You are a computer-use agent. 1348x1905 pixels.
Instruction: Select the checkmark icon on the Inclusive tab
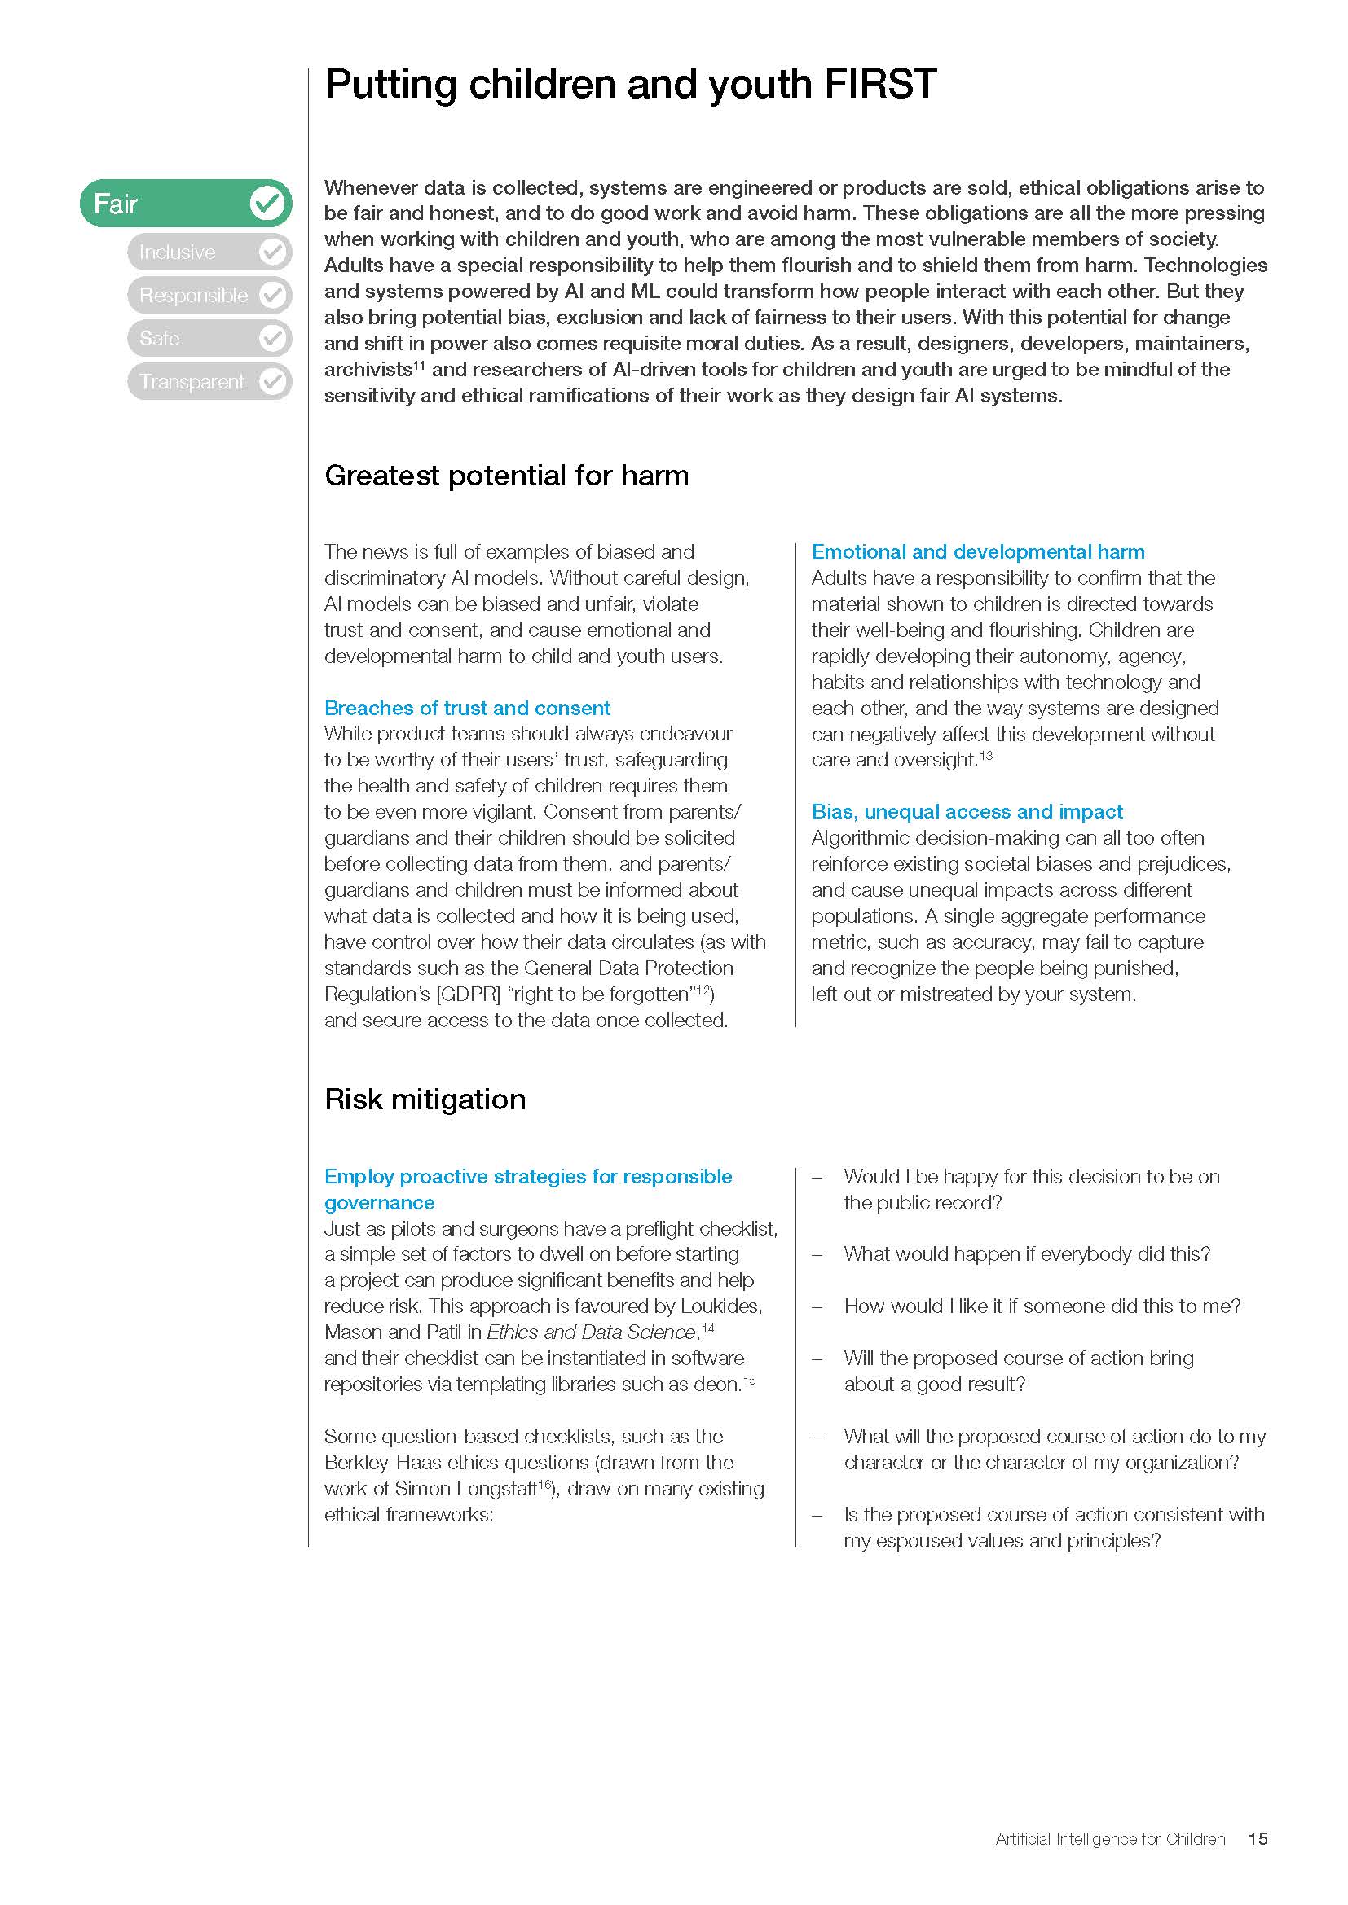coord(272,252)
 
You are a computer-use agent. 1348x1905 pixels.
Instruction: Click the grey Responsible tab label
coord(193,296)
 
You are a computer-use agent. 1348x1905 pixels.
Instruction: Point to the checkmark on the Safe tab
coord(272,338)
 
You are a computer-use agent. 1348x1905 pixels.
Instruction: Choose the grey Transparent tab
coord(192,382)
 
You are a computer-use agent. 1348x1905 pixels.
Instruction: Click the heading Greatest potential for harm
coord(506,476)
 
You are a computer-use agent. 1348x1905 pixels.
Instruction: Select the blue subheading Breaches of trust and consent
coord(466,708)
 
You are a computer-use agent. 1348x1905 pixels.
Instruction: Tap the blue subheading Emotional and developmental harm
coord(978,551)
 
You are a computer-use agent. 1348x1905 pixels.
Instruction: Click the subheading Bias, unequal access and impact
coord(967,811)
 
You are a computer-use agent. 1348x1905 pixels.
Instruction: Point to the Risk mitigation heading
coord(425,1100)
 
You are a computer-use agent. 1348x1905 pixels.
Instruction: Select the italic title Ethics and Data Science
coord(592,1332)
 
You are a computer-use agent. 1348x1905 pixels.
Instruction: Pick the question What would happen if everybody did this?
coord(1027,1253)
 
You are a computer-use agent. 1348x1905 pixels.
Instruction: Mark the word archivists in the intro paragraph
coord(368,370)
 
